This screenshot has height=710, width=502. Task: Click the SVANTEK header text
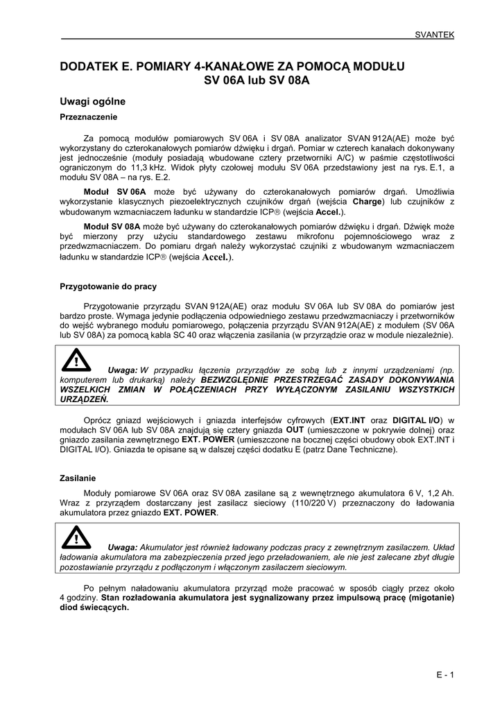(434, 33)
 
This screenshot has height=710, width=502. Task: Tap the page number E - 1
(444, 675)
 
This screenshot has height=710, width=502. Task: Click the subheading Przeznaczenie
(89, 116)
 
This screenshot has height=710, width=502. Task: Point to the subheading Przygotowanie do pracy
(108, 286)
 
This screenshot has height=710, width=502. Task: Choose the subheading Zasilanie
(78, 478)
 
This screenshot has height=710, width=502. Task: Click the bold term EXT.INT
(351, 420)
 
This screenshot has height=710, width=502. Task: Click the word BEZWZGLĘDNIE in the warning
(237, 380)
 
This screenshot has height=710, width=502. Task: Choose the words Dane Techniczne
(361, 449)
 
